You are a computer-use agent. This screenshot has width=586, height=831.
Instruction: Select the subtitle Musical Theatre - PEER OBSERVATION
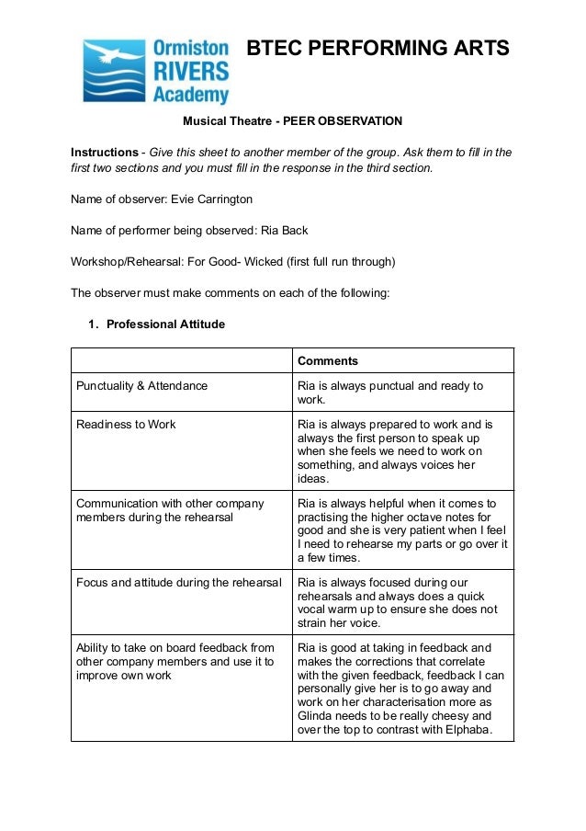[292, 120]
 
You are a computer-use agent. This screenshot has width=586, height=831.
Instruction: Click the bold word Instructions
[104, 152]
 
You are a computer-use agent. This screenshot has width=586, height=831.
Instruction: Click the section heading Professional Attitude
[165, 324]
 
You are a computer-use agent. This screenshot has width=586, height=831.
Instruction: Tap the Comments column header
[328, 361]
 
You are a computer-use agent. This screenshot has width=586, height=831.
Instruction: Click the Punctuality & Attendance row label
[141, 386]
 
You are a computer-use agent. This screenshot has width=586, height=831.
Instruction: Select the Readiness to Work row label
[126, 424]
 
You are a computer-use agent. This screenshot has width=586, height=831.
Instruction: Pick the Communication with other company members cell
[170, 510]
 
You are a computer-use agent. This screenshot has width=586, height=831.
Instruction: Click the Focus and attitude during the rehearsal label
[178, 582]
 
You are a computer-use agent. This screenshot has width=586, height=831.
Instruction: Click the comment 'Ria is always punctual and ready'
[389, 386]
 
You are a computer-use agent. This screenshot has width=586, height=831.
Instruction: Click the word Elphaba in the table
[465, 731]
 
